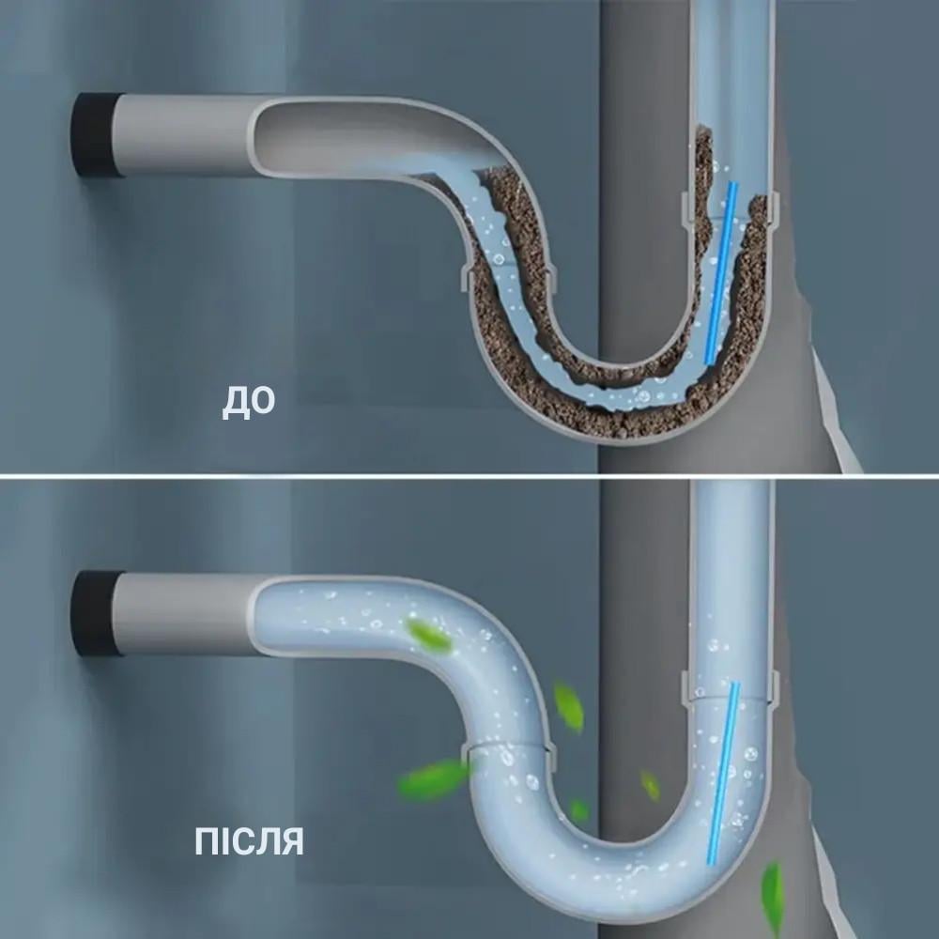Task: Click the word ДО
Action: (249, 402)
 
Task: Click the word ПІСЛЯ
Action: (249, 840)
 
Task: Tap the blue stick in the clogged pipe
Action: (720, 273)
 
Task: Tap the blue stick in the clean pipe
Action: (723, 773)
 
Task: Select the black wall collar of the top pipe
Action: (95, 134)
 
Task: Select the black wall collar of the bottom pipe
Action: (95, 613)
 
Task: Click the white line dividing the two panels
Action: (469, 475)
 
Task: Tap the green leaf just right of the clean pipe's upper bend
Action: (568, 707)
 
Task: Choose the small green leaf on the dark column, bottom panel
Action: (650, 785)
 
